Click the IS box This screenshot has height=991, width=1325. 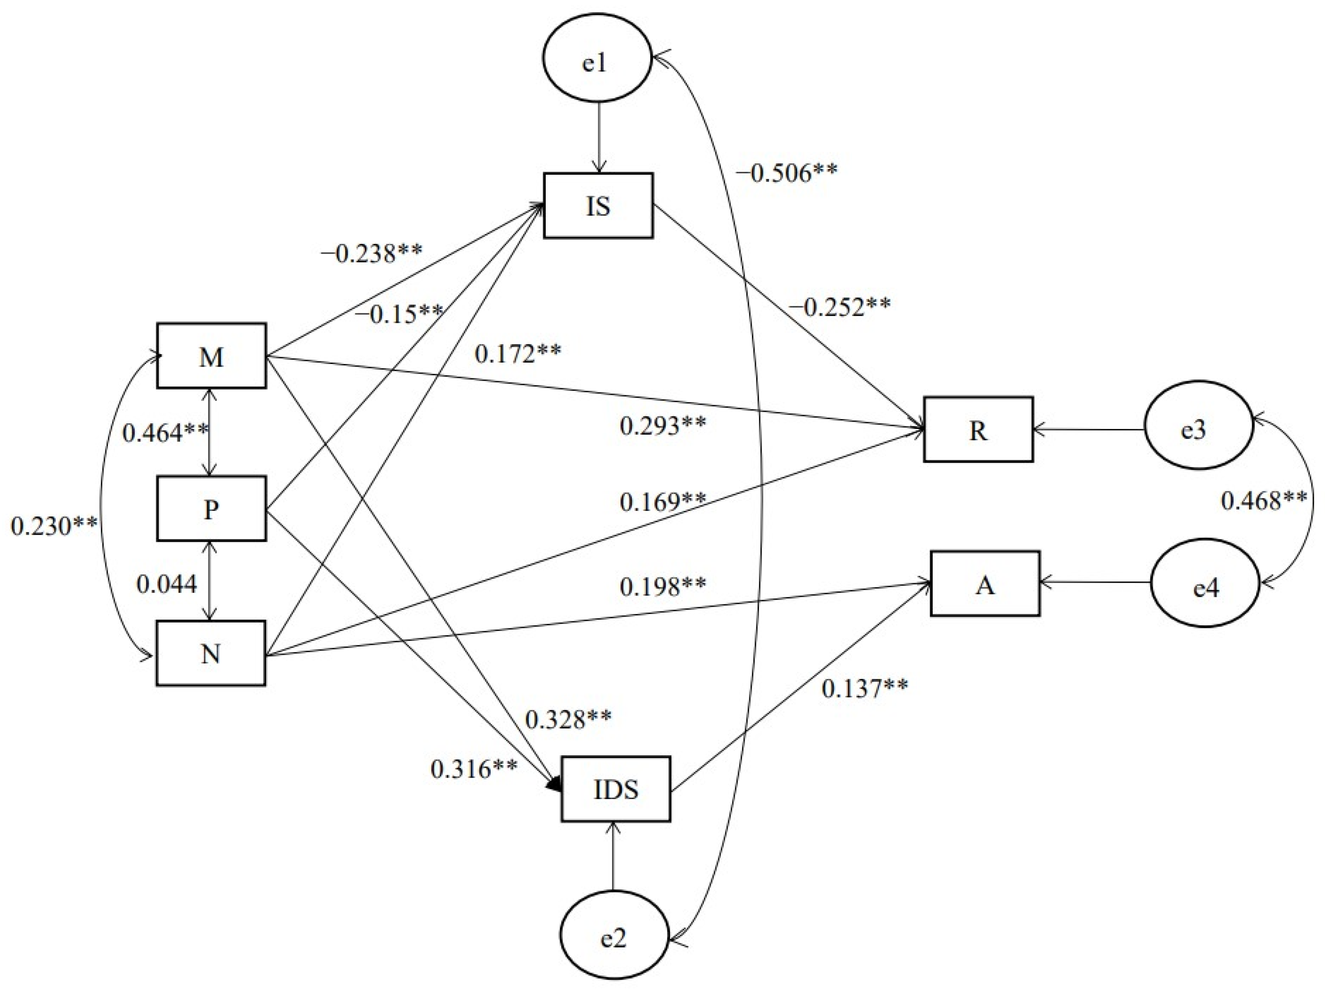point(598,206)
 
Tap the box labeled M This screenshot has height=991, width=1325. point(211,356)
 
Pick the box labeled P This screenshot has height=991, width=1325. point(211,508)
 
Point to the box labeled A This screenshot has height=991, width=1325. point(985,584)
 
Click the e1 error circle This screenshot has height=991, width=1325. point(596,62)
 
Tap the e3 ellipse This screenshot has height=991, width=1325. point(1198,429)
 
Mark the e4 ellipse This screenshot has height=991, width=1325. point(1205,588)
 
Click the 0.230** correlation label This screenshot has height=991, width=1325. point(54,526)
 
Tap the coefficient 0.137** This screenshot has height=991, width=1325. point(864,689)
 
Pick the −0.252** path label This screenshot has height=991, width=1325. point(840,307)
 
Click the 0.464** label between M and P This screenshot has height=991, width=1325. point(165,432)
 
